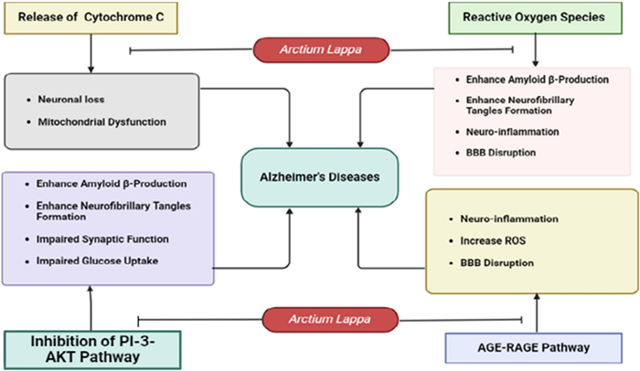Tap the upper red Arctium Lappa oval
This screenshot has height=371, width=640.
coord(320,48)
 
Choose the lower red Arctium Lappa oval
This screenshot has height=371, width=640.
coord(320,319)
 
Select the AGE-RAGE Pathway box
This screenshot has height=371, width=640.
coord(536,347)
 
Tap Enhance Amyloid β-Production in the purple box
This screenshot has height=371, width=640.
coord(99,183)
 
